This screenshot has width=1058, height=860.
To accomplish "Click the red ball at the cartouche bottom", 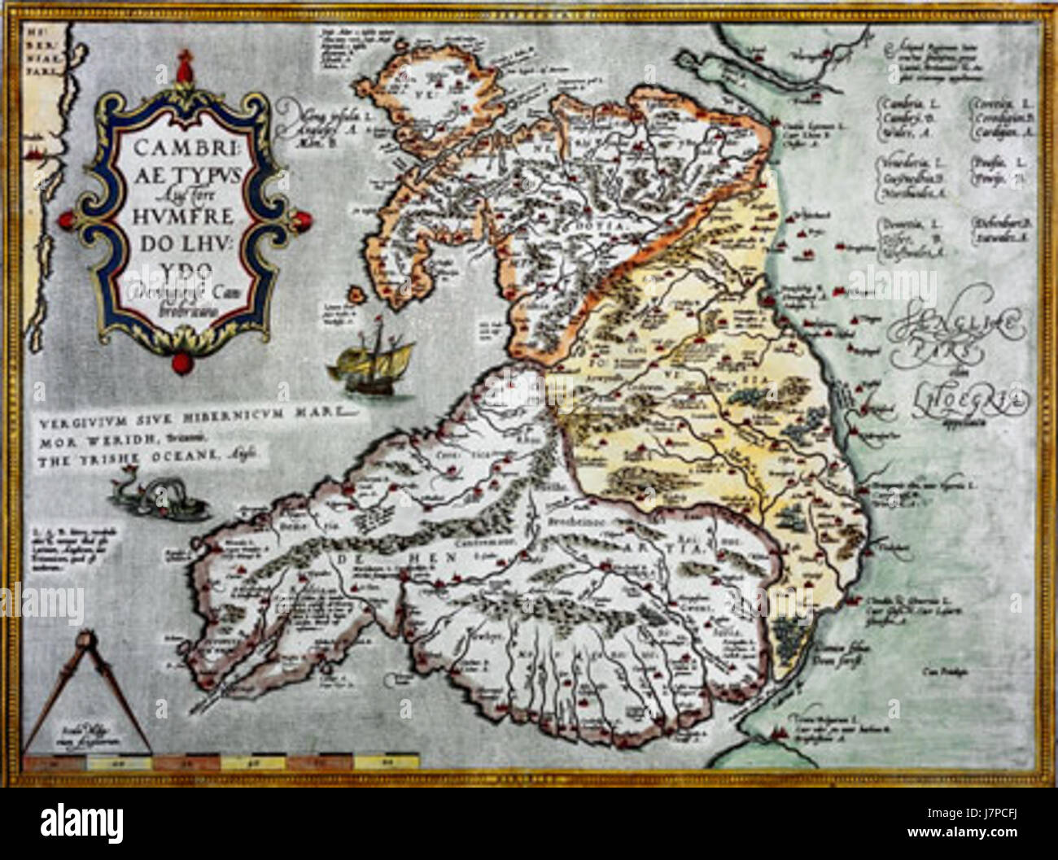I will [177, 360].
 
